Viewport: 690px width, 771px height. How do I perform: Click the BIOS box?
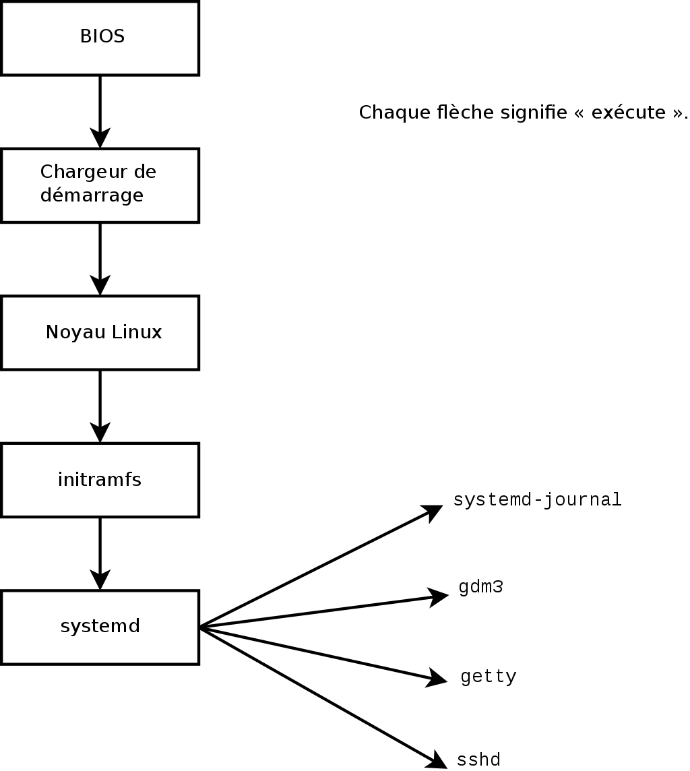tap(100, 38)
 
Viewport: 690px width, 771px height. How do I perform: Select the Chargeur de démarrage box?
tap(100, 185)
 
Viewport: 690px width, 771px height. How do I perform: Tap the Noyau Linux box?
tap(100, 332)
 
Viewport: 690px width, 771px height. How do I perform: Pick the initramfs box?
tap(100, 480)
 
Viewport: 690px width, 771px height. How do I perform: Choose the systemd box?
tap(100, 627)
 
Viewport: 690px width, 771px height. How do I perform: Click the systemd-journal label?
tap(537, 500)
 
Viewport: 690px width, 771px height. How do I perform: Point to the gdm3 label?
tap(480, 588)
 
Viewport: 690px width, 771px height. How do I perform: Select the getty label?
tap(489, 677)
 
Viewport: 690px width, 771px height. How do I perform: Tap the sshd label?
tap(478, 760)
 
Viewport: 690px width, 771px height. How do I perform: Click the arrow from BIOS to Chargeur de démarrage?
tap(100, 111)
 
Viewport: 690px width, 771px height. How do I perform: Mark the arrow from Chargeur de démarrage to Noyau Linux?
tap(100, 259)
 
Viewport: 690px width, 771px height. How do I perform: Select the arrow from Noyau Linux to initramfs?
tap(100, 406)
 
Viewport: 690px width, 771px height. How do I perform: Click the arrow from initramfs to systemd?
tap(100, 553)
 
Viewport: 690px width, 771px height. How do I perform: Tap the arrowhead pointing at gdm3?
tap(439, 596)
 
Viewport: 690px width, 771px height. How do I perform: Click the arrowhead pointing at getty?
tap(437, 679)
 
